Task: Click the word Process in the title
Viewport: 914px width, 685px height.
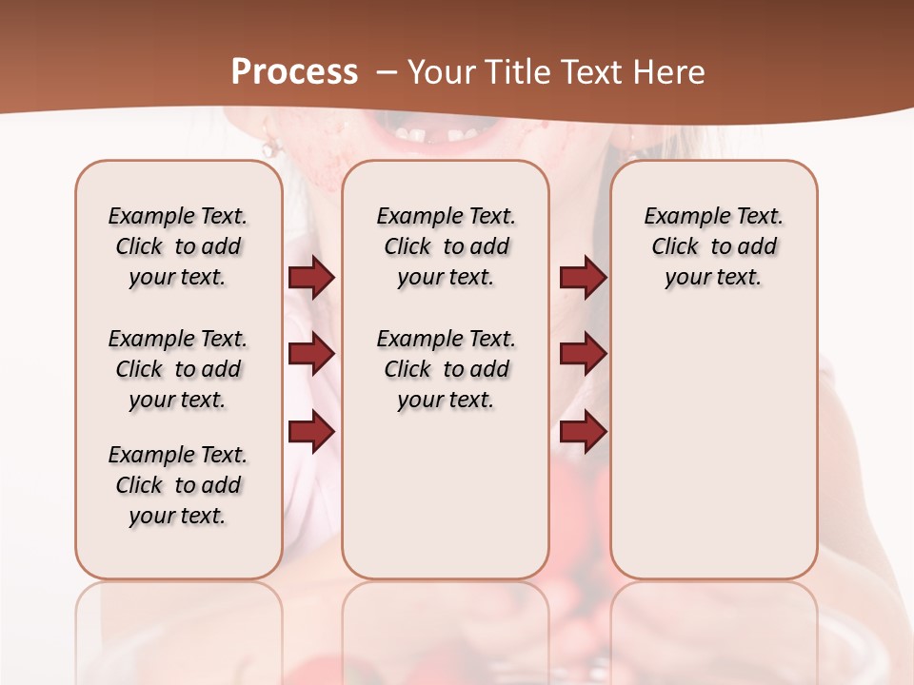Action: pos(294,72)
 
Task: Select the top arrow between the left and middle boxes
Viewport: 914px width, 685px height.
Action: pos(311,278)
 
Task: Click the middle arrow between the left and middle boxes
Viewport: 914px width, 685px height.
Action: pos(311,355)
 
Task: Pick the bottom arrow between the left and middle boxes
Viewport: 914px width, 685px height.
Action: pos(311,432)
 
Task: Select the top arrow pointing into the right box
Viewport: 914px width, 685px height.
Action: pos(583,278)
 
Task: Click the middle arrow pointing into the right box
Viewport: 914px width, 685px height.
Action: pos(583,355)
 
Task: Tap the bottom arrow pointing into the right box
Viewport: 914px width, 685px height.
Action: pos(583,432)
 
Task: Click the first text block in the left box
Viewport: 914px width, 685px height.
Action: pos(178,246)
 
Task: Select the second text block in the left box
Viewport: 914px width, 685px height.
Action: pos(178,369)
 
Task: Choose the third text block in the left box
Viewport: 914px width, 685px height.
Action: pos(178,485)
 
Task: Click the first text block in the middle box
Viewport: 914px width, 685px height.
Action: pos(446,246)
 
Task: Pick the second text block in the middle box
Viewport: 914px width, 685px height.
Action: pos(446,369)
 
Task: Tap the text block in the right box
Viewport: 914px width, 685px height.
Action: pos(713,246)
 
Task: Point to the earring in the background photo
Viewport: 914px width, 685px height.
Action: pos(270,147)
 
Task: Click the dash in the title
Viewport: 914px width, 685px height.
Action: pos(387,72)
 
